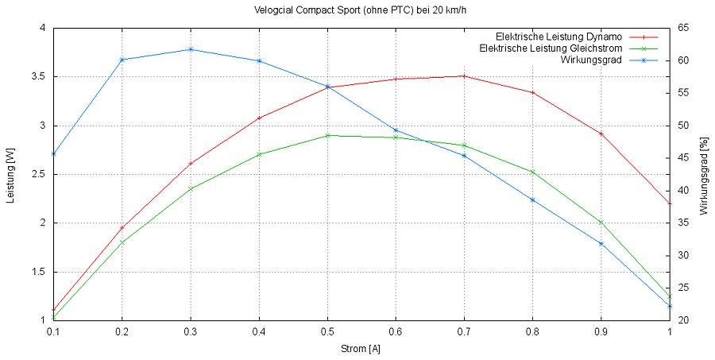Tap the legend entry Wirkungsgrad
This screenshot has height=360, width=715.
pos(590,60)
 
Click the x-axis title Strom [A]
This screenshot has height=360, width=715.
pos(361,349)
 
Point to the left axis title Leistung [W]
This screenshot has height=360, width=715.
pos(11,175)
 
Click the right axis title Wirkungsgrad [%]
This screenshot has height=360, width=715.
pos(703,175)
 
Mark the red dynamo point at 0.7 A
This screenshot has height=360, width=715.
pos(464,76)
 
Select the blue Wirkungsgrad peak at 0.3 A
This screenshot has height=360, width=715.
pos(190,49)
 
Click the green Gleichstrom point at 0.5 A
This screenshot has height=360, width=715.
pos(327,135)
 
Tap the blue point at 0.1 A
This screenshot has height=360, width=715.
pos(53,153)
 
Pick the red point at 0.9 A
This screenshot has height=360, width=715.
pos(601,134)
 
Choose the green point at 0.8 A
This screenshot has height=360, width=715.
pos(533,172)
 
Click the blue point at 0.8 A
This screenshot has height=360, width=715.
pos(533,199)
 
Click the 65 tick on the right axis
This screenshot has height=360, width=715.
pos(682,28)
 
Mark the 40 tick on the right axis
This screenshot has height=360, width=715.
pos(682,191)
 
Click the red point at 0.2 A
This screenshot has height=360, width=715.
pos(122,228)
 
